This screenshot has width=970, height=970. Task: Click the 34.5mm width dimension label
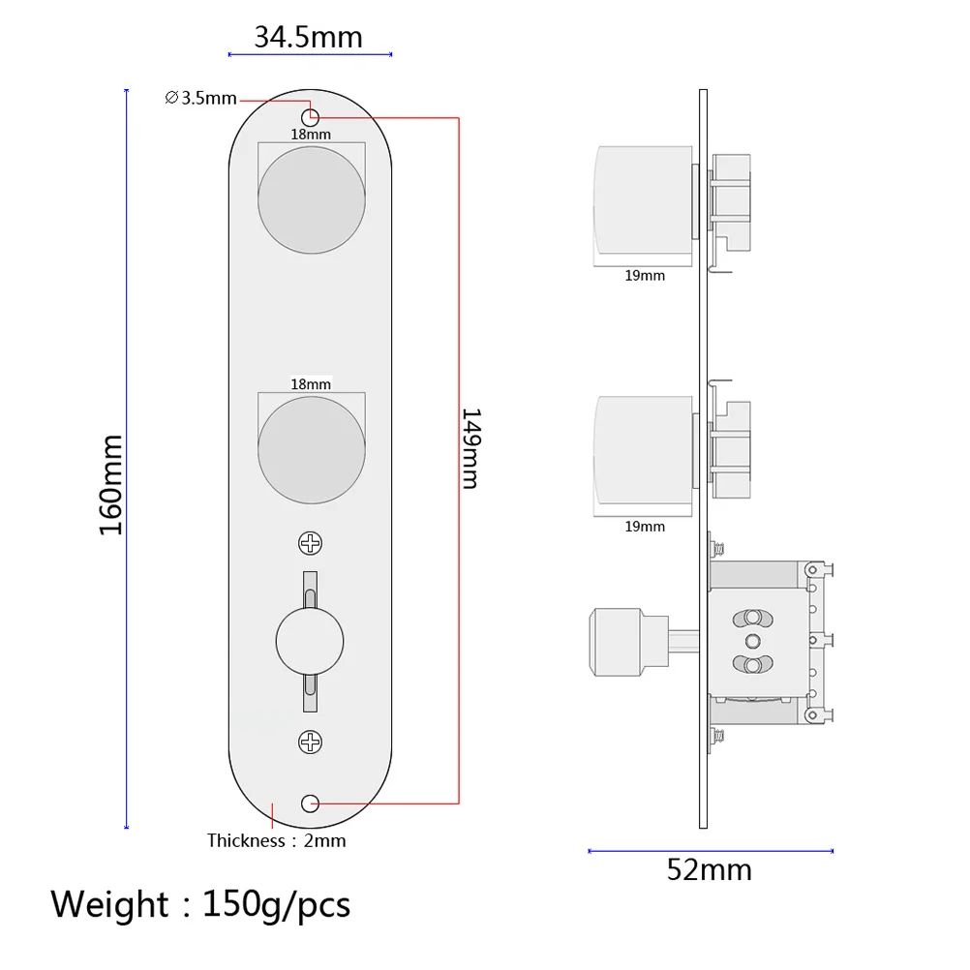(x=308, y=37)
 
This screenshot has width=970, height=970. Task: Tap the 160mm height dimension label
(x=111, y=484)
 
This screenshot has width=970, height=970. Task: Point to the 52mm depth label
(x=709, y=869)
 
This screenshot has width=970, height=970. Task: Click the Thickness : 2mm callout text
(x=276, y=840)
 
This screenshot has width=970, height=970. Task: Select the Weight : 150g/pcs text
(x=200, y=904)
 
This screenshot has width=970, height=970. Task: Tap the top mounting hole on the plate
(x=311, y=114)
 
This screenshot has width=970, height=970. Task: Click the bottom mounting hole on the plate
(x=311, y=803)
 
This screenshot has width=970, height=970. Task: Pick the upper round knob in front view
(x=312, y=201)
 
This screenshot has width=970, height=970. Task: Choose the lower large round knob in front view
(x=312, y=448)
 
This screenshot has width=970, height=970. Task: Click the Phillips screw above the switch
(x=311, y=543)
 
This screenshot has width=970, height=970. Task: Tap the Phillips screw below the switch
(x=311, y=743)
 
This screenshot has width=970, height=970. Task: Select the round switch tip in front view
(x=311, y=642)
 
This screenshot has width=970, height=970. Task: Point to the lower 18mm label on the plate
(x=311, y=383)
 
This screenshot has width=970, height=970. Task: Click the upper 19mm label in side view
(x=645, y=275)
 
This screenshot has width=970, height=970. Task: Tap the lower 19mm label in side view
(x=645, y=526)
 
